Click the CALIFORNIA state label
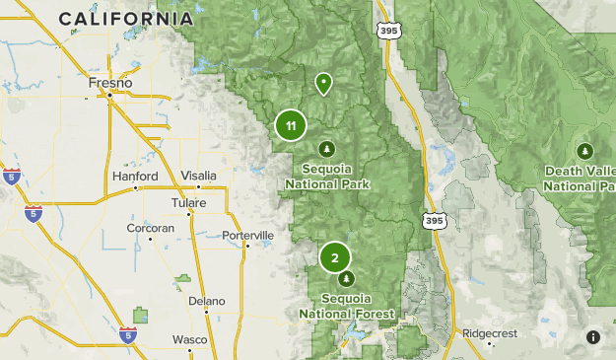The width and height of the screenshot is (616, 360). tap(125, 19)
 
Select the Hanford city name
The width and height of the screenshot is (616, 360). tap(135, 176)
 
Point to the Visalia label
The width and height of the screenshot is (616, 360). tap(198, 176)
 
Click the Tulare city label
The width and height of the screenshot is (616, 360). tap(188, 202)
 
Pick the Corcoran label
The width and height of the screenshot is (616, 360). tap(150, 228)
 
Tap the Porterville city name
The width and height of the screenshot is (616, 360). tap(247, 236)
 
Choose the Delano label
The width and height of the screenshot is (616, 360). tap(207, 301)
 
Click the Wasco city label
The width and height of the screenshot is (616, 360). tap(190, 339)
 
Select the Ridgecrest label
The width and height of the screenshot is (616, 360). tap(490, 333)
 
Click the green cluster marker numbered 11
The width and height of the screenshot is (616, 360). tap(291, 125)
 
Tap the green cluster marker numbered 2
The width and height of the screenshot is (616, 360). tap(335, 258)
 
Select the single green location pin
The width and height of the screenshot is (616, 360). tap(322, 83)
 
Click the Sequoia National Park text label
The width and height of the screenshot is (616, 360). tap(327, 177)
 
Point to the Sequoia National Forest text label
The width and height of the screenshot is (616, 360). tap(347, 306)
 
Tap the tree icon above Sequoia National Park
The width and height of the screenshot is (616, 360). tap(326, 148)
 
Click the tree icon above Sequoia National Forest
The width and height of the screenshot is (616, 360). tap(346, 279)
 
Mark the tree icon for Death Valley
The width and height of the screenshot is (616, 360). tap(584, 151)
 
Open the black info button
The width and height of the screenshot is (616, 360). tap(593, 337)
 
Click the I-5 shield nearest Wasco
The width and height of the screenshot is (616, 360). tap(128, 335)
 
